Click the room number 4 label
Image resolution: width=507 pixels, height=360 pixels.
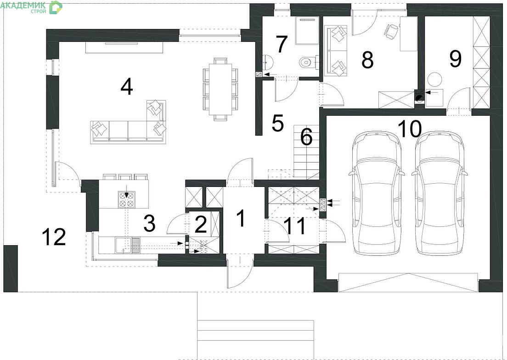click(126, 87)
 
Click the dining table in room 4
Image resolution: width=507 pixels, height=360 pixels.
click(220, 89)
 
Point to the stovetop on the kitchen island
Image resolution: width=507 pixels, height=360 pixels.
click(127, 199)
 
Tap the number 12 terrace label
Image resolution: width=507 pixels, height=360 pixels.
click(54, 236)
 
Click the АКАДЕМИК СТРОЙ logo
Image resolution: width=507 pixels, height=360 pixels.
click(31, 7)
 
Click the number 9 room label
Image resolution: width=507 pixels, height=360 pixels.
click(455, 59)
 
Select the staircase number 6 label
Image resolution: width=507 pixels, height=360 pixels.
click(306, 137)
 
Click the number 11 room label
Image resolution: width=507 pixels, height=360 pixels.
click(296, 225)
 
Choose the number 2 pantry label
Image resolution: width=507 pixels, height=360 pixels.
click(201, 224)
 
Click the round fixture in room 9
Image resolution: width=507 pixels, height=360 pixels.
click(435, 79)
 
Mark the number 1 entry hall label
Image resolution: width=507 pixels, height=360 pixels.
click(241, 218)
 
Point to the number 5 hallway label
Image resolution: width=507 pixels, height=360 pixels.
click(278, 123)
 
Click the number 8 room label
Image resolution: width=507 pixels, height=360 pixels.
click(368, 60)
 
